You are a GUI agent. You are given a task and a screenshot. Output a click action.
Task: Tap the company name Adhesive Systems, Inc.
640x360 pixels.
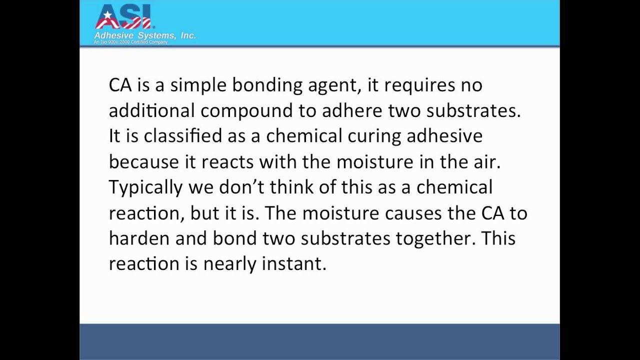[x=144, y=35]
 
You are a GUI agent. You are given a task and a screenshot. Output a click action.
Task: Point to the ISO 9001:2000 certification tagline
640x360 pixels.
[x=131, y=42]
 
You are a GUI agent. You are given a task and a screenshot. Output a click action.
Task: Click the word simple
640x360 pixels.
[x=198, y=85]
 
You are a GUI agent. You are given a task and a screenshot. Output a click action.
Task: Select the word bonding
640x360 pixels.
[x=267, y=85]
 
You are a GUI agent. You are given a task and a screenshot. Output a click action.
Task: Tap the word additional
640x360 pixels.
[x=152, y=110]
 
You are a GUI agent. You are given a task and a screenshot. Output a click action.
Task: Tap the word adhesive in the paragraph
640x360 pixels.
[x=444, y=136]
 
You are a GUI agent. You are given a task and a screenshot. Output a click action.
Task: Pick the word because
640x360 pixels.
[x=143, y=161]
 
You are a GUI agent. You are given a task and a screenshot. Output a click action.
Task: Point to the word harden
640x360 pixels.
[x=139, y=238]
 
